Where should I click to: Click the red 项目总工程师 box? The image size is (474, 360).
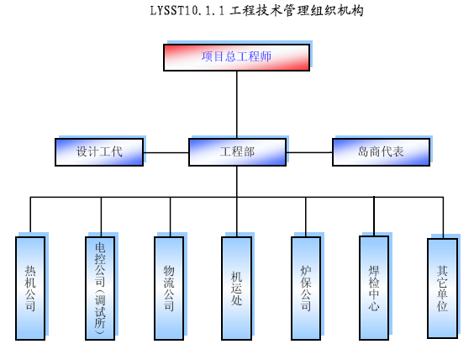[236, 57]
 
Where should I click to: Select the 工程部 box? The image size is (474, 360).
[237, 152]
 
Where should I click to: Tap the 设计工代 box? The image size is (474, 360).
[99, 152]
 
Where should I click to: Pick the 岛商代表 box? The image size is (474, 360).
[381, 152]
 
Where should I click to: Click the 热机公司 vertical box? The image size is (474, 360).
[30, 289]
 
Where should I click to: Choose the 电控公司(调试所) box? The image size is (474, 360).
[100, 289]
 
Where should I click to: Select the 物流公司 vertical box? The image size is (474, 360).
[169, 289]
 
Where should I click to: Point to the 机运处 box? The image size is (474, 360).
[236, 289]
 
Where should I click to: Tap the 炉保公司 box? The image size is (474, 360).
[306, 289]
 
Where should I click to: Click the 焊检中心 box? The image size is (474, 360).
[374, 288]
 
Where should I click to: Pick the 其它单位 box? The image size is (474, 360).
[443, 289]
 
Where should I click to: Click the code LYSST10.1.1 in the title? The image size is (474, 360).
[187, 11]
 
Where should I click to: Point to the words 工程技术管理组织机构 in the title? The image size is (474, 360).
[296, 11]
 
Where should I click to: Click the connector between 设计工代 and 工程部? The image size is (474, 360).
[166, 152]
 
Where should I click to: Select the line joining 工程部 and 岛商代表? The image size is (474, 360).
[309, 152]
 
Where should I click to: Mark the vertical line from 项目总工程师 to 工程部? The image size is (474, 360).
[237, 104]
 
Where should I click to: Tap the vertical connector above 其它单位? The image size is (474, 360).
[443, 218]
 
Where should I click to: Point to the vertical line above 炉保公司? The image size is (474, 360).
[306, 217]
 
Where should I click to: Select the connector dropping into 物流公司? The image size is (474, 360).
[171, 217]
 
